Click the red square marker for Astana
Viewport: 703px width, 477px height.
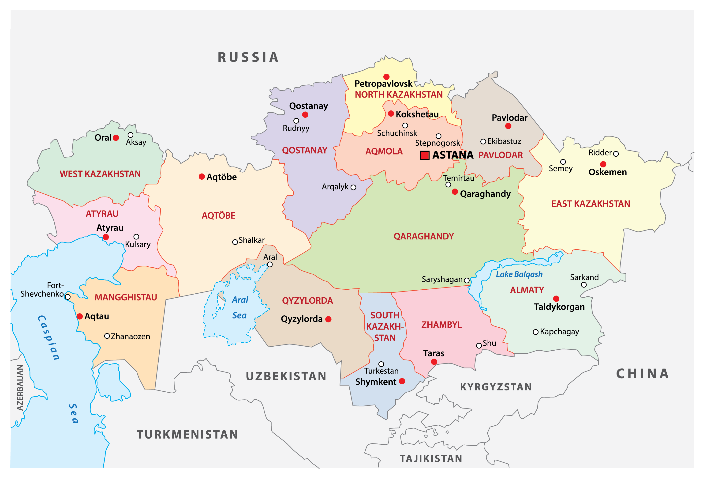tap(425, 155)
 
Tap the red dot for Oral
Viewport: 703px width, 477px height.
tap(116, 138)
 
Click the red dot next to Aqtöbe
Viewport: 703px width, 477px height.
tap(202, 176)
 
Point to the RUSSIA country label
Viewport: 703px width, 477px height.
tap(248, 57)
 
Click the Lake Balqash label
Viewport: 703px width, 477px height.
tap(519, 274)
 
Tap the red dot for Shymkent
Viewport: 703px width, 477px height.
tap(402, 381)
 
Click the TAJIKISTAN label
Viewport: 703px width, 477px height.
tap(431, 458)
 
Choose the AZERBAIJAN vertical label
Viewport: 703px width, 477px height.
tap(20, 387)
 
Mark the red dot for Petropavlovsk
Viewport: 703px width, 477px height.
tap(386, 77)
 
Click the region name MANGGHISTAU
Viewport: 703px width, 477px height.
tap(126, 297)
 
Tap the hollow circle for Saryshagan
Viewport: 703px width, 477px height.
tap(467, 280)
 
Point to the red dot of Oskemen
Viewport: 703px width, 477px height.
tap(603, 164)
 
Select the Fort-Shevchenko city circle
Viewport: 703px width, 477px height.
tap(68, 297)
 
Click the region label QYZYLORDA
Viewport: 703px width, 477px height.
tap(307, 301)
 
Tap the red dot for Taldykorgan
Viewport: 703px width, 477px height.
tap(556, 299)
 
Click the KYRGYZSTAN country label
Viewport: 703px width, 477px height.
tap(496, 387)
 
